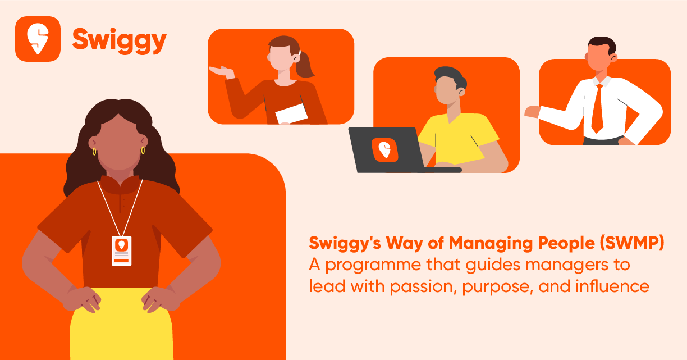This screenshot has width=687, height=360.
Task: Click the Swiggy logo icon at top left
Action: click(38, 39)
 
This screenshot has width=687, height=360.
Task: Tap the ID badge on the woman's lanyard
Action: click(121, 250)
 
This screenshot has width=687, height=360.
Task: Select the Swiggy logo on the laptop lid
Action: click(384, 149)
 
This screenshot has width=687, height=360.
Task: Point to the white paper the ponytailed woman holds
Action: click(291, 114)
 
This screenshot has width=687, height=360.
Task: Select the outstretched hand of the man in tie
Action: click(531, 112)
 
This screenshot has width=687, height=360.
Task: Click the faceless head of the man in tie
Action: click(599, 56)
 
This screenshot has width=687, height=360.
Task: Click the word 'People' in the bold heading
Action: click(556, 244)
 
